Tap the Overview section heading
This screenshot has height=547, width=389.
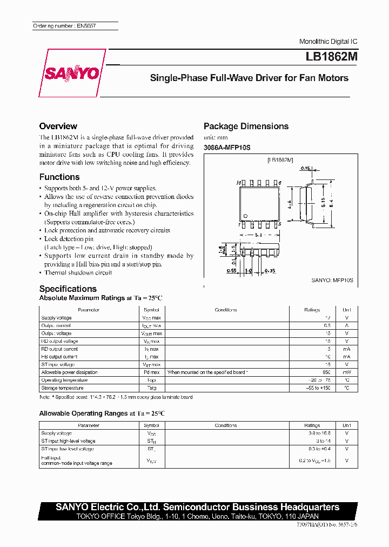click(x=58, y=126)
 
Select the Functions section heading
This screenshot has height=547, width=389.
click(x=59, y=177)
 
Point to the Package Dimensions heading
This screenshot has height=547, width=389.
click(x=246, y=126)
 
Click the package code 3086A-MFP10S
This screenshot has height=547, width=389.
click(x=227, y=148)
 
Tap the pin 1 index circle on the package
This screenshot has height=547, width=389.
click(x=246, y=216)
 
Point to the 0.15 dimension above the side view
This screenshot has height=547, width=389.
click(x=306, y=169)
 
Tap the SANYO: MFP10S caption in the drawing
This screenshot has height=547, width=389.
click(x=332, y=280)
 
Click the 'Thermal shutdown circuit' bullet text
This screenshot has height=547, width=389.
click(x=78, y=272)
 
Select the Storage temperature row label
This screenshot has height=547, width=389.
click(x=62, y=388)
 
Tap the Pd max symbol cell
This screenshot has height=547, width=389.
click(x=151, y=372)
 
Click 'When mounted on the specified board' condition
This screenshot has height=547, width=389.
click(x=207, y=372)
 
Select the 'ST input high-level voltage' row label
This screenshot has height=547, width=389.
click(x=68, y=441)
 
